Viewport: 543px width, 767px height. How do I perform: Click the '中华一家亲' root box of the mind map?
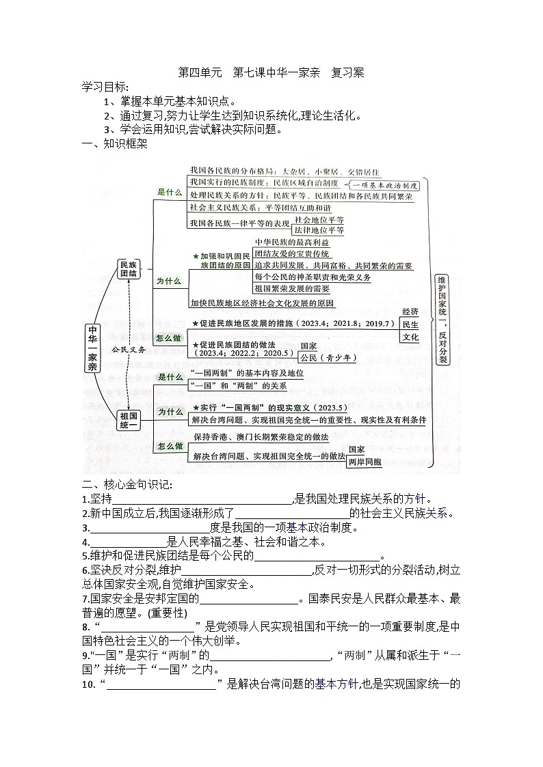tap(92, 348)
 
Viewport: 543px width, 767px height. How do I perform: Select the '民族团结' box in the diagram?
tap(128, 269)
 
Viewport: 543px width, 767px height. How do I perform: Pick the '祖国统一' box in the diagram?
tap(128, 419)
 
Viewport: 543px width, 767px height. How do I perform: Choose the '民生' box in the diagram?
tap(410, 324)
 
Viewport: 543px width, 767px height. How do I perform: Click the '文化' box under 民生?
tap(410, 337)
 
